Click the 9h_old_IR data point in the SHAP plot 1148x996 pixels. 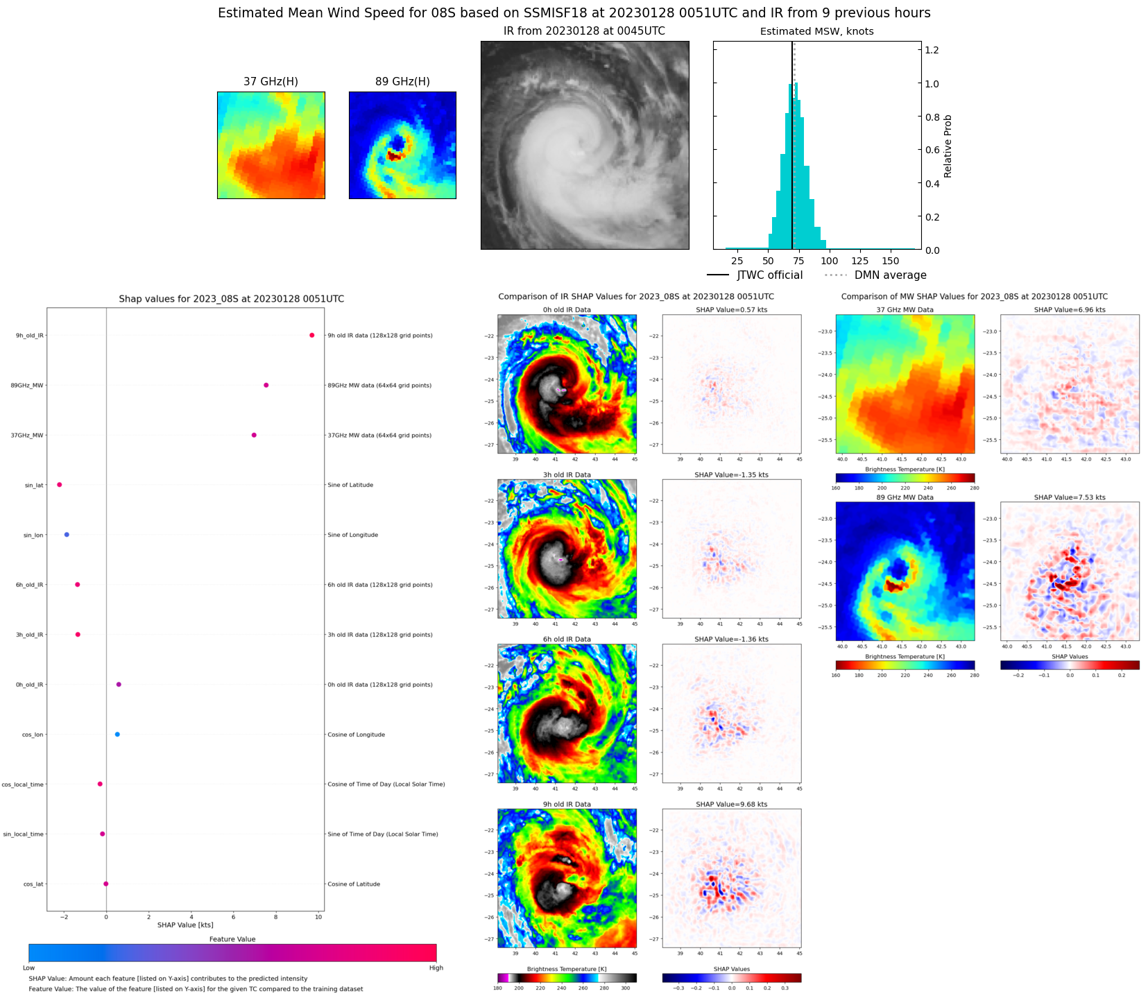[311, 335]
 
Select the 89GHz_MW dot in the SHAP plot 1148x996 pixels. [266, 385]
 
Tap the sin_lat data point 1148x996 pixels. [60, 485]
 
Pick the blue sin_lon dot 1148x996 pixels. [67, 535]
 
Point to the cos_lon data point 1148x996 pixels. [117, 735]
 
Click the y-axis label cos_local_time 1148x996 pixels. [22, 784]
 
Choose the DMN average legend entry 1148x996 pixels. [875, 275]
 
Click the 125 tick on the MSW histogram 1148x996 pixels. [860, 261]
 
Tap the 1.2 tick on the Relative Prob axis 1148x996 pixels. [932, 50]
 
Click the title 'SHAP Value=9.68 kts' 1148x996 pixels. [731, 805]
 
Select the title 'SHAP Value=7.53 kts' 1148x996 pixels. [1070, 497]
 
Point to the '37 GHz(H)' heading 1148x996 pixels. [271, 82]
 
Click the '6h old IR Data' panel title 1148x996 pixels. [567, 639]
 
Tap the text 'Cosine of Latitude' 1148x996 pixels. [354, 884]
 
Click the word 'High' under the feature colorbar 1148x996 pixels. [436, 968]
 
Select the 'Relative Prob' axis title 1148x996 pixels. [948, 146]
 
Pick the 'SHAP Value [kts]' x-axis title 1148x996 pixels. [185, 925]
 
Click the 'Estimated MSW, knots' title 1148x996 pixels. [816, 31]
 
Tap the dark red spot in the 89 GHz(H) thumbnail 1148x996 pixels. [395, 156]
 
